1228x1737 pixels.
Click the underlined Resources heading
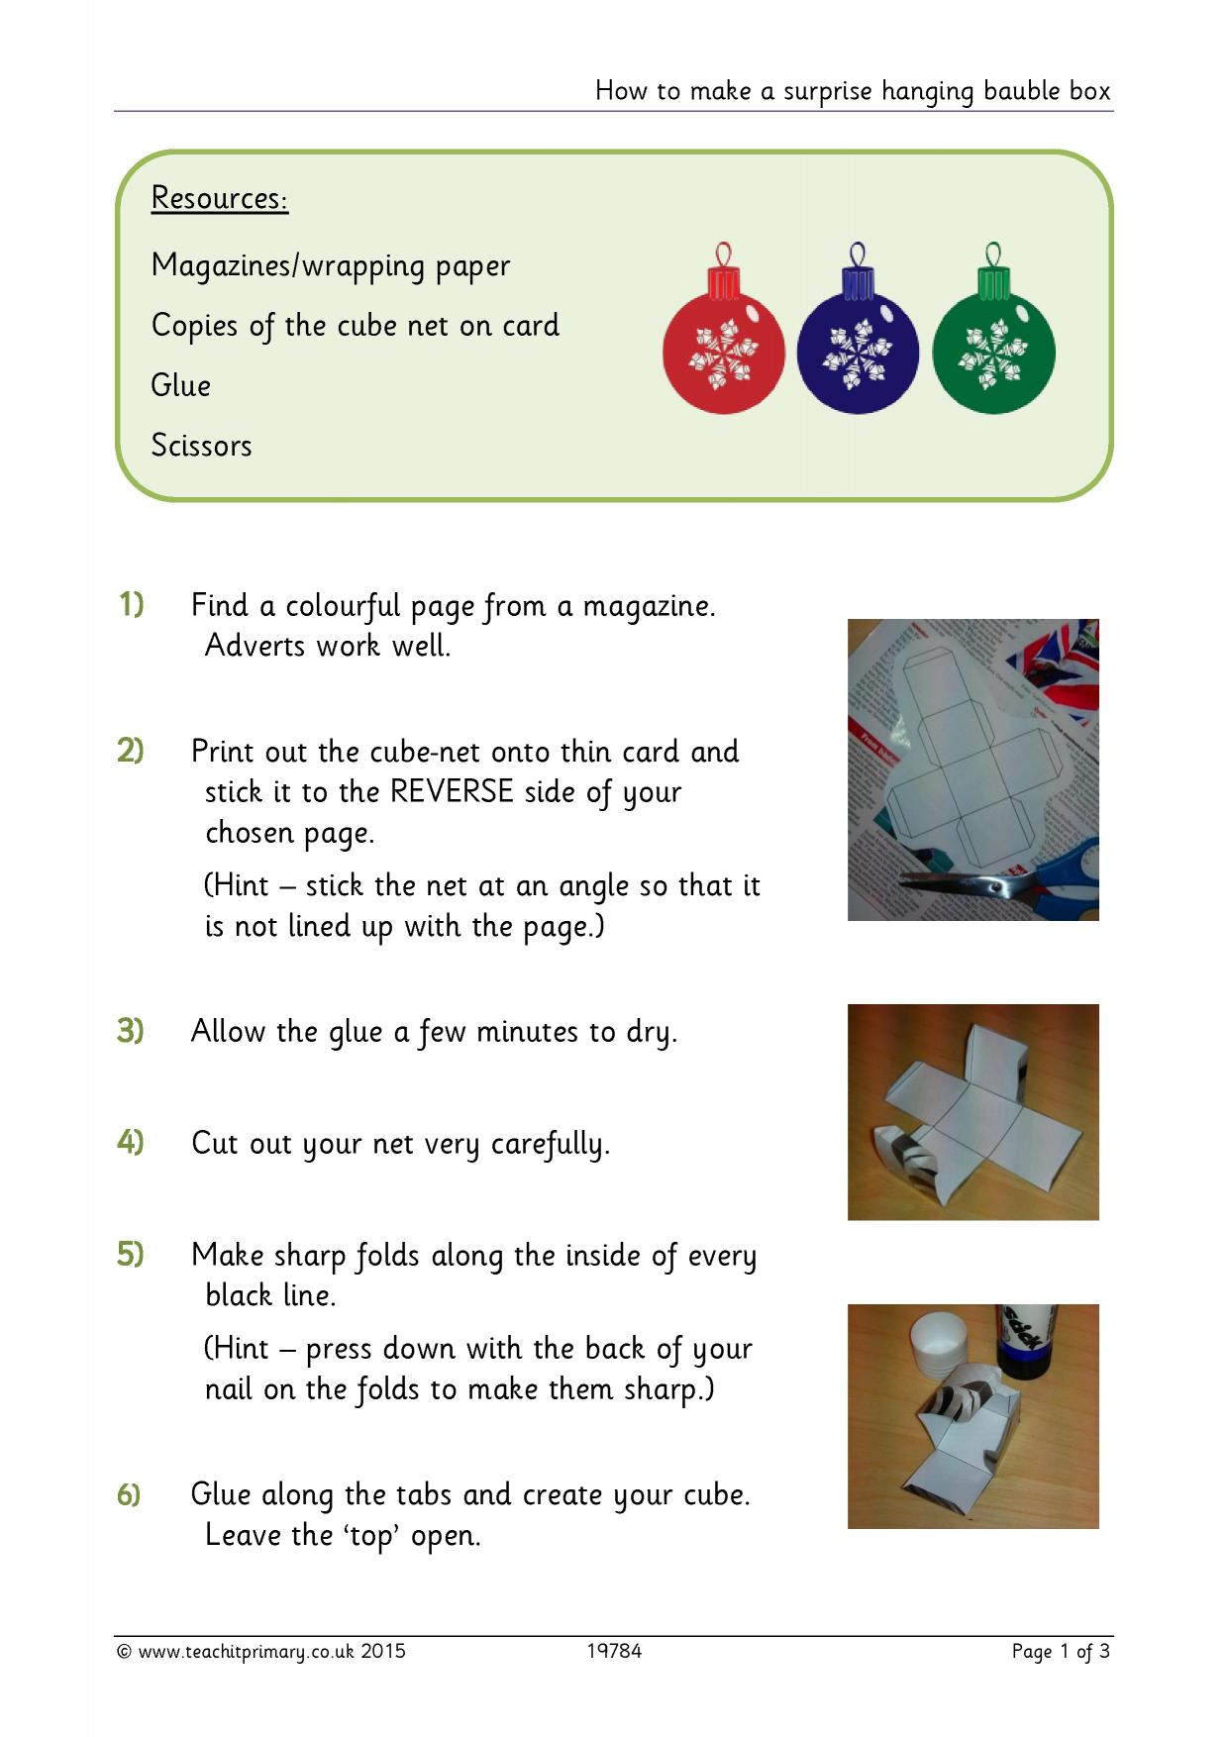tap(220, 199)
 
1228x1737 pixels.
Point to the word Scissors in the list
tap(202, 446)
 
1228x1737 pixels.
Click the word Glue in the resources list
tap(181, 385)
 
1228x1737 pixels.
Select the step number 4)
tap(131, 1142)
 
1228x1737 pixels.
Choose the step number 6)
tap(130, 1494)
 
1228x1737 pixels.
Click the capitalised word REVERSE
tap(453, 792)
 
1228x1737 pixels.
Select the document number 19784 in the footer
tap(614, 1651)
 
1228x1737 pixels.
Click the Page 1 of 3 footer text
tap(1061, 1652)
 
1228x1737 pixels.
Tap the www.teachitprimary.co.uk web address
tap(247, 1652)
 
